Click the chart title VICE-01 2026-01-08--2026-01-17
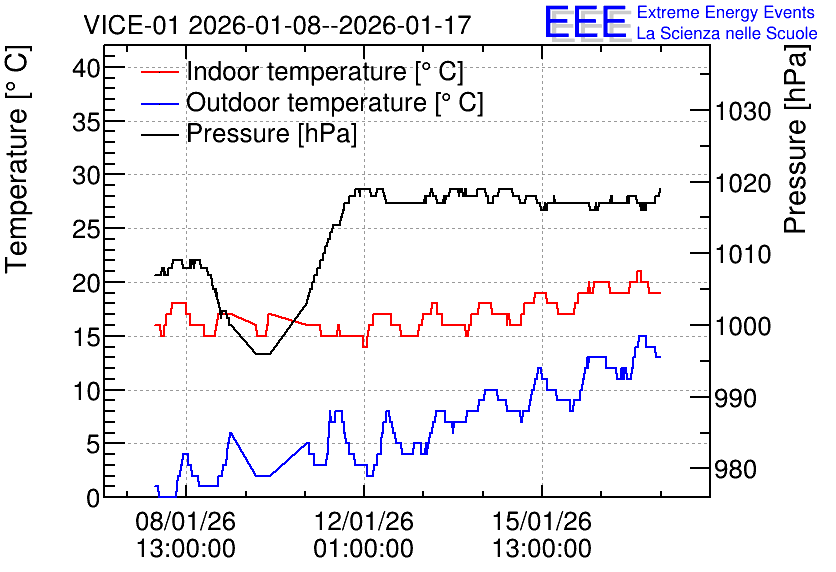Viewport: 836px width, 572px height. tap(277, 25)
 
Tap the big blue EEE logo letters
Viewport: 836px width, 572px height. tap(585, 22)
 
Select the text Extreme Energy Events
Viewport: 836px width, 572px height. tap(726, 12)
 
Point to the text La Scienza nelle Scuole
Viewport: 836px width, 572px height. tap(727, 33)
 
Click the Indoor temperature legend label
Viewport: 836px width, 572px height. tap(325, 71)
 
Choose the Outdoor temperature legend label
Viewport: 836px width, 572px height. tap(335, 102)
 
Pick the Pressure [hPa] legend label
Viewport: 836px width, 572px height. tap(271, 133)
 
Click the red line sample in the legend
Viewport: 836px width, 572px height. tap(159, 72)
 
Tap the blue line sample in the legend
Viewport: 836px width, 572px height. tap(159, 103)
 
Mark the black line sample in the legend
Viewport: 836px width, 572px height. tap(159, 134)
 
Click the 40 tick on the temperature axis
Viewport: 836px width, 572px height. tap(86, 68)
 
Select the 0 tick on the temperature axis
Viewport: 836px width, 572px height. tap(93, 498)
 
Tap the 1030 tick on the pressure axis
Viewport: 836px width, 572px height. tap(743, 112)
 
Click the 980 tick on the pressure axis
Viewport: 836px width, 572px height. tap(736, 470)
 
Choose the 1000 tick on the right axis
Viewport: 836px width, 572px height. tap(743, 326)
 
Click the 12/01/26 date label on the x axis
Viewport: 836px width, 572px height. tap(364, 521)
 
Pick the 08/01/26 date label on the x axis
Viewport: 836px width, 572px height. tap(186, 521)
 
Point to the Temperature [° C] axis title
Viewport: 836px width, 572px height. tap(17, 160)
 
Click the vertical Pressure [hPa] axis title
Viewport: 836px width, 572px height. tap(797, 139)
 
